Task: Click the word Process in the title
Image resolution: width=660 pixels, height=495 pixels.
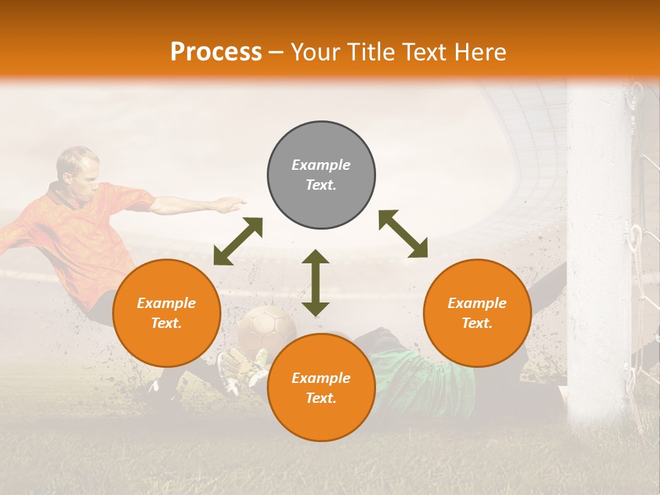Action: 216,52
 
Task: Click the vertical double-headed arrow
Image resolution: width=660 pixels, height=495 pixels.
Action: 316,283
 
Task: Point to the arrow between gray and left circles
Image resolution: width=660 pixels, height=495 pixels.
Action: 238,241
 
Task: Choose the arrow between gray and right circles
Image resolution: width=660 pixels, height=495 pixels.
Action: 404,234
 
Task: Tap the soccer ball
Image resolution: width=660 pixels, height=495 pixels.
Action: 266,328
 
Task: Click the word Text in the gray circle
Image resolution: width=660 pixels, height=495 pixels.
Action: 321,185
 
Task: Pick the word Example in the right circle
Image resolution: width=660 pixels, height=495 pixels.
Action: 477,303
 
